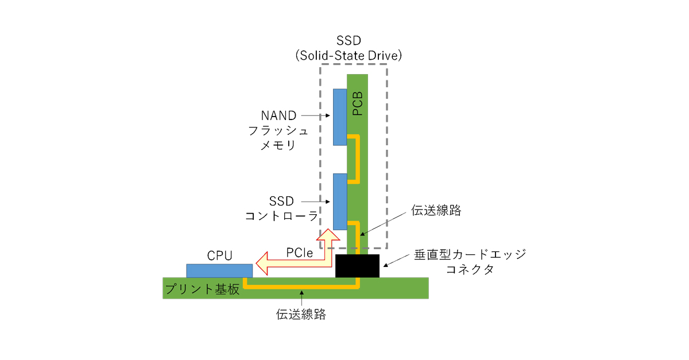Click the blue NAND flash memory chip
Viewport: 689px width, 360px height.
339,117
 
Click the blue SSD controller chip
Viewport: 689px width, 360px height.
339,201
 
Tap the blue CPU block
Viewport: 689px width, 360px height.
219,270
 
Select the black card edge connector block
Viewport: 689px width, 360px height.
357,266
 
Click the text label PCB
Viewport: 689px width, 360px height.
358,103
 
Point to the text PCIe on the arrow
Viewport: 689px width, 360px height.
299,252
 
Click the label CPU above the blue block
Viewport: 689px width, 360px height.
219,256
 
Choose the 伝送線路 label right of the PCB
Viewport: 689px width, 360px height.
436,210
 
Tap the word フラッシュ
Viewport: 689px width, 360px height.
278,130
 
